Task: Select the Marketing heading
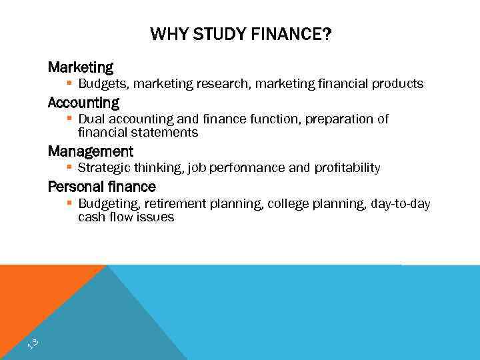pos(81,67)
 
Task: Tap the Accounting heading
pos(83,103)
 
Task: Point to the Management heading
pos(91,151)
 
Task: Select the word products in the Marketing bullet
pos(397,84)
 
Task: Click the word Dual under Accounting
pos(91,119)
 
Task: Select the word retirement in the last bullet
pos(175,204)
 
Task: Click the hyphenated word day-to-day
pos(401,204)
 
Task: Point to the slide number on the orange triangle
pos(32,344)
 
